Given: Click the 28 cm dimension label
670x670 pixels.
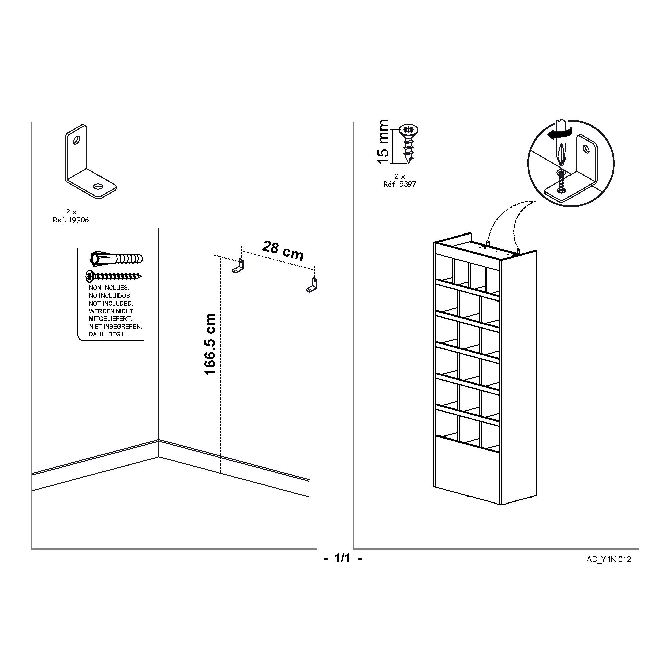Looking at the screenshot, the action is point(283,250).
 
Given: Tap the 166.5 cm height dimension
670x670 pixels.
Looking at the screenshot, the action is point(210,344).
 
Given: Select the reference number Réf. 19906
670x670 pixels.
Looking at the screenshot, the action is point(71,220).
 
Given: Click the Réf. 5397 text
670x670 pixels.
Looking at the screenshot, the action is point(400,184).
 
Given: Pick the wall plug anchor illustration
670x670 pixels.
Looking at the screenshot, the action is point(117,258).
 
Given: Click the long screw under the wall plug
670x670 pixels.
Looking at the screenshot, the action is point(114,276).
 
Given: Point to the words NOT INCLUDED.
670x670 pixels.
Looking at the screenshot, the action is point(111,304).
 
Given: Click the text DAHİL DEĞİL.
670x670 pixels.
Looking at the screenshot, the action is point(108,334).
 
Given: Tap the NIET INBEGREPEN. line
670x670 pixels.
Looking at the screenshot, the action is point(116,326).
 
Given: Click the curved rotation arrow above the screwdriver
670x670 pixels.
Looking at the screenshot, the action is point(559,134).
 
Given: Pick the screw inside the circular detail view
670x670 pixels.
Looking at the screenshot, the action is point(561,181).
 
